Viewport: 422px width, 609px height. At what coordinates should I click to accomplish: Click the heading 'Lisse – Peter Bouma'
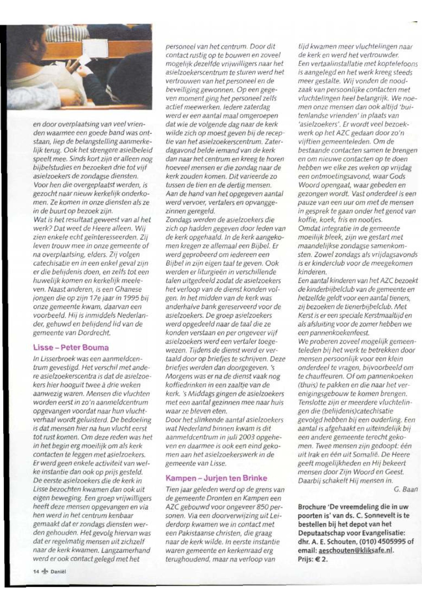pyautogui.click(x=71, y=348)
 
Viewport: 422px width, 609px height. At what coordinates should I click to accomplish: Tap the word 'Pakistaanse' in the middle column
pyautogui.click(x=190, y=533)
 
